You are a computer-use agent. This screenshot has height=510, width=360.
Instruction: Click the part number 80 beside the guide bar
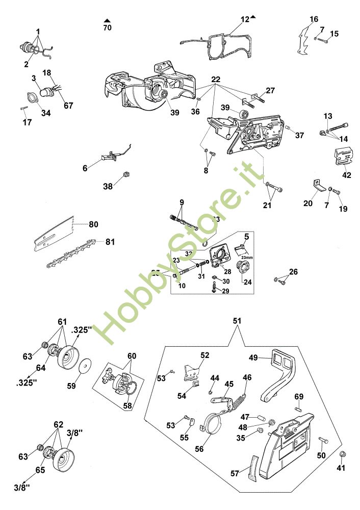pyautogui.click(x=93, y=224)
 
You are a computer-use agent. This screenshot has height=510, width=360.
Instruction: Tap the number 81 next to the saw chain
pyautogui.click(x=110, y=242)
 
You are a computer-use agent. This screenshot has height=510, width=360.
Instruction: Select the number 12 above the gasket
pyautogui.click(x=245, y=19)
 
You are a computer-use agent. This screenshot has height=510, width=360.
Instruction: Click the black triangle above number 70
pyautogui.click(x=107, y=20)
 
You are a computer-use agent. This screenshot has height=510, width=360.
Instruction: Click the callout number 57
pyautogui.click(x=235, y=473)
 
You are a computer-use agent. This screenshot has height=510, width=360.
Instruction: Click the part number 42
pyautogui.click(x=347, y=174)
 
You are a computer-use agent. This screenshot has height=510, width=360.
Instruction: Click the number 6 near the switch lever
pyautogui.click(x=85, y=167)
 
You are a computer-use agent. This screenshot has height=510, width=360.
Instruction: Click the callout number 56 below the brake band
pyautogui.click(x=200, y=450)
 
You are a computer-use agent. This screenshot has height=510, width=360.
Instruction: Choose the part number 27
pyautogui.click(x=270, y=90)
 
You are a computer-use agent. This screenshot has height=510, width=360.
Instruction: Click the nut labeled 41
pyautogui.click(x=342, y=454)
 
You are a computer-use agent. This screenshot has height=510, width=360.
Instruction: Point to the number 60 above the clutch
pyautogui.click(x=132, y=355)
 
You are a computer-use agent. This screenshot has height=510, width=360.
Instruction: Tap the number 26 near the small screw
pyautogui.click(x=293, y=271)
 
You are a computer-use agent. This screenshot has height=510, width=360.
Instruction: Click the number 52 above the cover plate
pyautogui.click(x=205, y=355)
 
